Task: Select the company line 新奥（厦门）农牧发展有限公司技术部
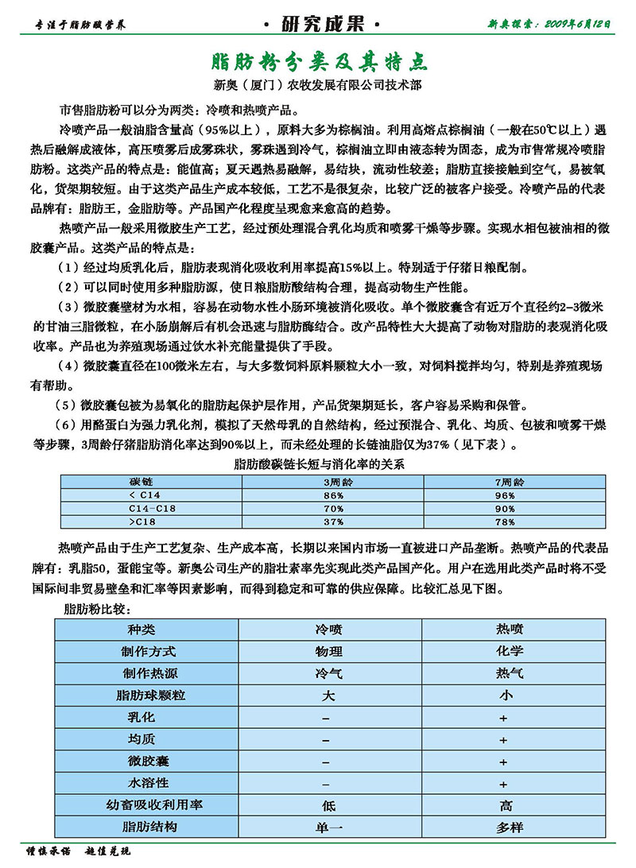pyautogui.click(x=317, y=83)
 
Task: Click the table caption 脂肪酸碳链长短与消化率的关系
pyautogui.click(x=317, y=464)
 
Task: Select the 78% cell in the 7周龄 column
pyautogui.click(x=506, y=521)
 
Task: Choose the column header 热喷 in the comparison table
pyautogui.click(x=510, y=629)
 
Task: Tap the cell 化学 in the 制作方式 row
pyautogui.click(x=510, y=651)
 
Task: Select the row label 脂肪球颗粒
pyautogui.click(x=151, y=696)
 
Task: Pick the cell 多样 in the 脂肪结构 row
pyautogui.click(x=510, y=827)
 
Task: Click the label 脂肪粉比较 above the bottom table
pyautogui.click(x=96, y=609)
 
